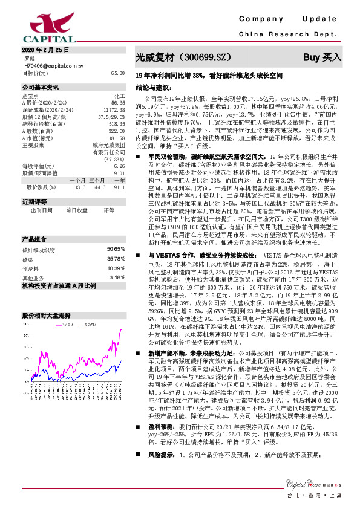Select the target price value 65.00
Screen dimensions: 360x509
(117, 73)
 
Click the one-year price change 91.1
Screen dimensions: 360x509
(119, 187)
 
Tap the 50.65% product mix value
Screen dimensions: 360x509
(116, 249)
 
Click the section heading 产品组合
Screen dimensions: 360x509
(34, 238)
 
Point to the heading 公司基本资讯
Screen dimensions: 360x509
(40, 87)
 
